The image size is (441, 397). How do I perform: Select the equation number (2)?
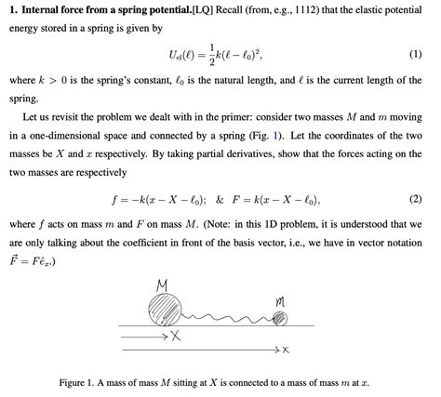pyautogui.click(x=415, y=200)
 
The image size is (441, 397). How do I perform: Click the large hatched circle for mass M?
pyautogui.click(x=167, y=306)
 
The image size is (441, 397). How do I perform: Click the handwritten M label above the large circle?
pyautogui.click(x=163, y=281)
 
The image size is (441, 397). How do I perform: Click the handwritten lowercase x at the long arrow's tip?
pyautogui.click(x=286, y=350)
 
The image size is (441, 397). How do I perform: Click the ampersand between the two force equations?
pyautogui.click(x=222, y=201)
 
